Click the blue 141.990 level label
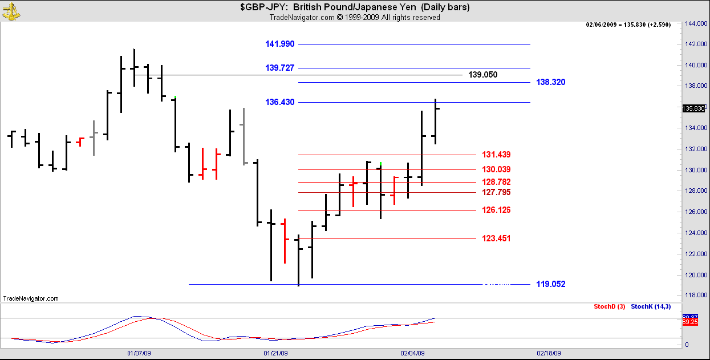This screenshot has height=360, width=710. tap(279, 44)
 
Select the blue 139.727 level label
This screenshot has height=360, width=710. tap(279, 68)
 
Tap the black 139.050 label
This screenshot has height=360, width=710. tap(482, 75)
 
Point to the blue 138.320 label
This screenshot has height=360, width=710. tap(550, 82)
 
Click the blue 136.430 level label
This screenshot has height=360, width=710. tap(279, 102)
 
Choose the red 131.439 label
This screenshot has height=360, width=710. tap(496, 155)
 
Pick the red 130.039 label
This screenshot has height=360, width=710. tap(496, 169)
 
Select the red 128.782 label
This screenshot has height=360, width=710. tap(496, 182)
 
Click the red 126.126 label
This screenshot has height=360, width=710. tap(496, 210)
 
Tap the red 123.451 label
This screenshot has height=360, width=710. tap(496, 238)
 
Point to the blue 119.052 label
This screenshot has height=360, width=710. tap(550, 284)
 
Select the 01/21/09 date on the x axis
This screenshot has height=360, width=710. tap(275, 353)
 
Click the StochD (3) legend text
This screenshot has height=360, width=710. tap(609, 307)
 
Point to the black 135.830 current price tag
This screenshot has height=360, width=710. tap(693, 108)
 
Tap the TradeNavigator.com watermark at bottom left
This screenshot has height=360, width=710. tap(31, 298)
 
